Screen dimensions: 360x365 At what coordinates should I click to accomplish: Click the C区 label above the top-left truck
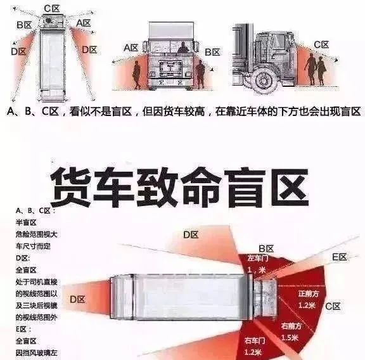(52, 8)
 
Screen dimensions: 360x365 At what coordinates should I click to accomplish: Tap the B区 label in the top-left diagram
(24, 24)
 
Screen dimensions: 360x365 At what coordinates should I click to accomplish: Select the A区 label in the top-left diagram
(82, 23)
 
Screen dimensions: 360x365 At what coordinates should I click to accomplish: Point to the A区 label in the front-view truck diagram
(131, 48)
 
